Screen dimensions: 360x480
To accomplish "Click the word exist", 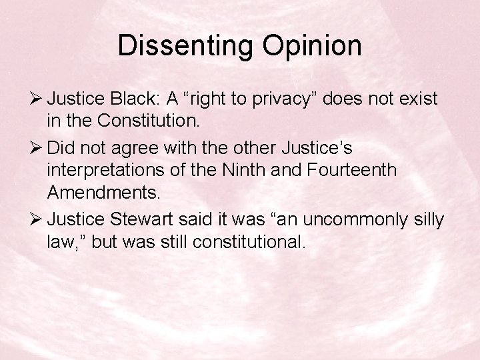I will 417,99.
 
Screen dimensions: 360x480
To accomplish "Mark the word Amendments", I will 104,193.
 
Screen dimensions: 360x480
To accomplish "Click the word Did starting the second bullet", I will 61,147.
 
